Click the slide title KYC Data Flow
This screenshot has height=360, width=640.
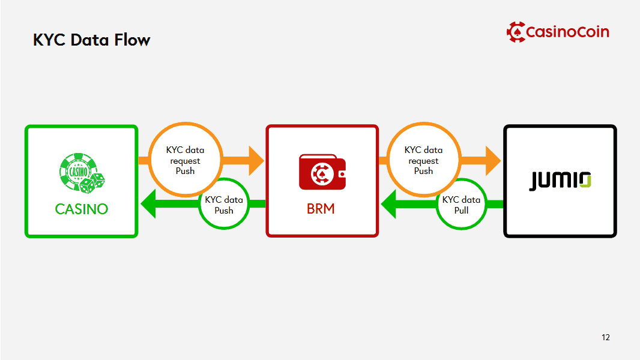tap(91, 40)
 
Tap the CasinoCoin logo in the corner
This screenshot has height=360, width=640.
tap(558, 31)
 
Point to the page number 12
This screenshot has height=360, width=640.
tap(605, 337)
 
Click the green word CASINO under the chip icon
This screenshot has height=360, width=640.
tap(81, 209)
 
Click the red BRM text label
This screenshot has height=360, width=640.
tap(321, 209)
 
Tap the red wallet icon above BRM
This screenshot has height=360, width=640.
tap(322, 173)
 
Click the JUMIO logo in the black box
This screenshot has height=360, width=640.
tap(560, 181)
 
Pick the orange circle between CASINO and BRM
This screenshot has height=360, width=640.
tap(185, 160)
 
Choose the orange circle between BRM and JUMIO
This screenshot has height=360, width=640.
tap(423, 160)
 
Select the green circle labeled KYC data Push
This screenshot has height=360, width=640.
tap(224, 205)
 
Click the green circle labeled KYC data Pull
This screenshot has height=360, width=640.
tap(461, 205)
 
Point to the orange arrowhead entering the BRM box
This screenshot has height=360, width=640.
tap(256, 160)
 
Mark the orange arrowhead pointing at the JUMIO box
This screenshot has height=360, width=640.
tap(493, 160)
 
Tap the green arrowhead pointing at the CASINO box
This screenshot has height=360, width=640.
tap(149, 205)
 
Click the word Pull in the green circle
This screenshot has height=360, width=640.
tap(461, 211)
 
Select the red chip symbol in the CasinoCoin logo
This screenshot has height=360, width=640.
tap(515, 31)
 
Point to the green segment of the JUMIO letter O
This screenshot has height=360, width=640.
tap(587, 183)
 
